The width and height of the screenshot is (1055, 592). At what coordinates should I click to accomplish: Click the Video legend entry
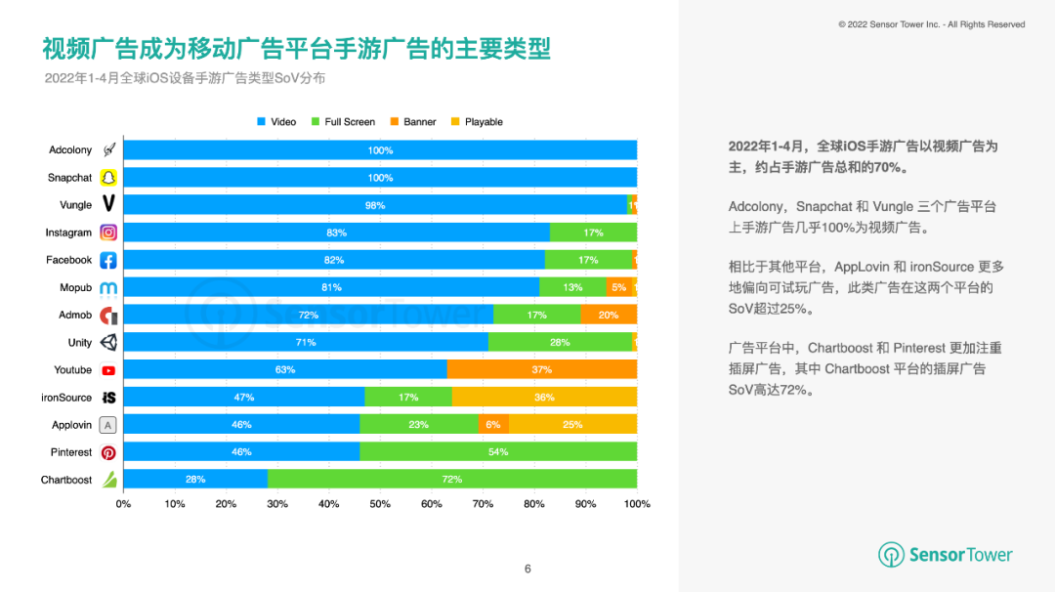click(276, 122)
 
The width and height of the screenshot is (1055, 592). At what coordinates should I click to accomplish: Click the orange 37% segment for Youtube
click(542, 369)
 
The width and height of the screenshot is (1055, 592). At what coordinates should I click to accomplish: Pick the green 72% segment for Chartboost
click(452, 480)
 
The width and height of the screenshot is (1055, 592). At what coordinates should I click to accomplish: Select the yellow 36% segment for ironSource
click(544, 398)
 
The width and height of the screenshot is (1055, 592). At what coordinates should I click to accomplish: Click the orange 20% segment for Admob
click(609, 315)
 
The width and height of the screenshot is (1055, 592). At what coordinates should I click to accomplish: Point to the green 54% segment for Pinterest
click(498, 452)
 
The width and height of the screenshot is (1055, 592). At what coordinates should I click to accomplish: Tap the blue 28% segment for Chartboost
click(195, 480)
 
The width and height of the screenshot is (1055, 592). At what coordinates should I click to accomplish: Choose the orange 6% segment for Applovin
click(493, 425)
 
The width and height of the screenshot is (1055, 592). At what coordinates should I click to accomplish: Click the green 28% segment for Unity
click(560, 342)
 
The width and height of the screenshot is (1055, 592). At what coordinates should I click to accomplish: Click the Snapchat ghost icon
click(108, 178)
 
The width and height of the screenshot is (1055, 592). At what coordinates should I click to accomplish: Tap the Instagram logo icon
click(108, 233)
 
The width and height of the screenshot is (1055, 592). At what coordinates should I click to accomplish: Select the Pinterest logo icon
click(108, 452)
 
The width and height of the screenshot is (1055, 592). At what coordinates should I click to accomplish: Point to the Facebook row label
click(68, 260)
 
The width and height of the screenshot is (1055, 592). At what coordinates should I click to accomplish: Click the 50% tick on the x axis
click(380, 504)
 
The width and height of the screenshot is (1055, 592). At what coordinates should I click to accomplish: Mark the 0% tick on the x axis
click(123, 504)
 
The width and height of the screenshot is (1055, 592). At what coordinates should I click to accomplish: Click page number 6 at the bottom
click(527, 570)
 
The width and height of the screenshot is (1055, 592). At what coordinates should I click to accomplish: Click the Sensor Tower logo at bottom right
click(946, 555)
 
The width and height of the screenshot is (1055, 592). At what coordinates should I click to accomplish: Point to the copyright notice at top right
click(931, 24)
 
